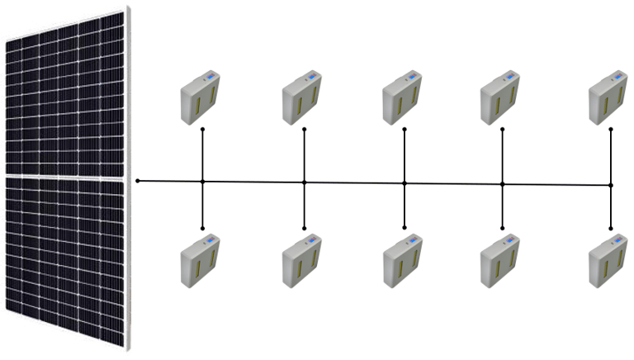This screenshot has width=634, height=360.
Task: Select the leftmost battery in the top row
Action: pyautogui.click(x=201, y=97)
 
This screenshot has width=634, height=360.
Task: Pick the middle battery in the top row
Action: pyautogui.click(x=403, y=98)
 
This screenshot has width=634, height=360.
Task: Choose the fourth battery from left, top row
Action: pyautogui.click(x=500, y=97)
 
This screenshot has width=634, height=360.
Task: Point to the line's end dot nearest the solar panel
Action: pyautogui.click(x=138, y=180)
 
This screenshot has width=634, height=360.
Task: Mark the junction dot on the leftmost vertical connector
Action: pyautogui.click(x=202, y=182)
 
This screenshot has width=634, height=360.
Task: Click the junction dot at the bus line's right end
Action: pyautogui.click(x=611, y=185)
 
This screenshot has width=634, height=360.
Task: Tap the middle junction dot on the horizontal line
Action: pyautogui.click(x=405, y=183)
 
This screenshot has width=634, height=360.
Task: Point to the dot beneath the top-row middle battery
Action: pyautogui.click(x=405, y=130)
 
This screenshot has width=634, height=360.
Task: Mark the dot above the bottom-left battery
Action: pyautogui.click(x=202, y=228)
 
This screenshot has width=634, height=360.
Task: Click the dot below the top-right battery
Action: pyautogui.click(x=611, y=130)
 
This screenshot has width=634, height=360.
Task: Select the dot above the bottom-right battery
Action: pyautogui.click(x=611, y=228)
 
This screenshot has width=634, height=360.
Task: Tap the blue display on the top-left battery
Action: pyautogui.click(x=211, y=77)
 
